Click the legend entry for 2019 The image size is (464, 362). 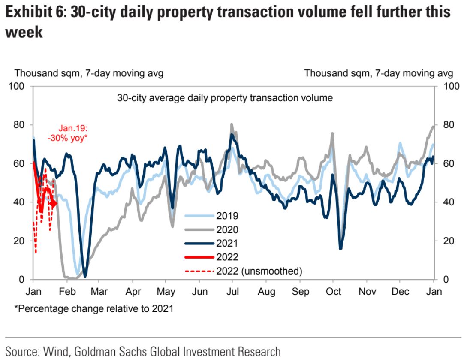227,216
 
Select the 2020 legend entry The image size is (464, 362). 227,229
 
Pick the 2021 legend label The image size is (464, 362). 227,243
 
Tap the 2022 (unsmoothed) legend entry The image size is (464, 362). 259,271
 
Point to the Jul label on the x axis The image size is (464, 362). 233,292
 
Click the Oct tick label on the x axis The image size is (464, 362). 333,292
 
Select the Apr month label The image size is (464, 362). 133,292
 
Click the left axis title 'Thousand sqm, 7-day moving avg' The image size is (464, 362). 89,74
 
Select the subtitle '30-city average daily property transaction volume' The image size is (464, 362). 225,98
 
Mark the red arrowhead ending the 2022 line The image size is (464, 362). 54,203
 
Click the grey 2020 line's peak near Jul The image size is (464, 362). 232,125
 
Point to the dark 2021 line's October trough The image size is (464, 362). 340,248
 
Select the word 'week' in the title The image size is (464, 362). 24,33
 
